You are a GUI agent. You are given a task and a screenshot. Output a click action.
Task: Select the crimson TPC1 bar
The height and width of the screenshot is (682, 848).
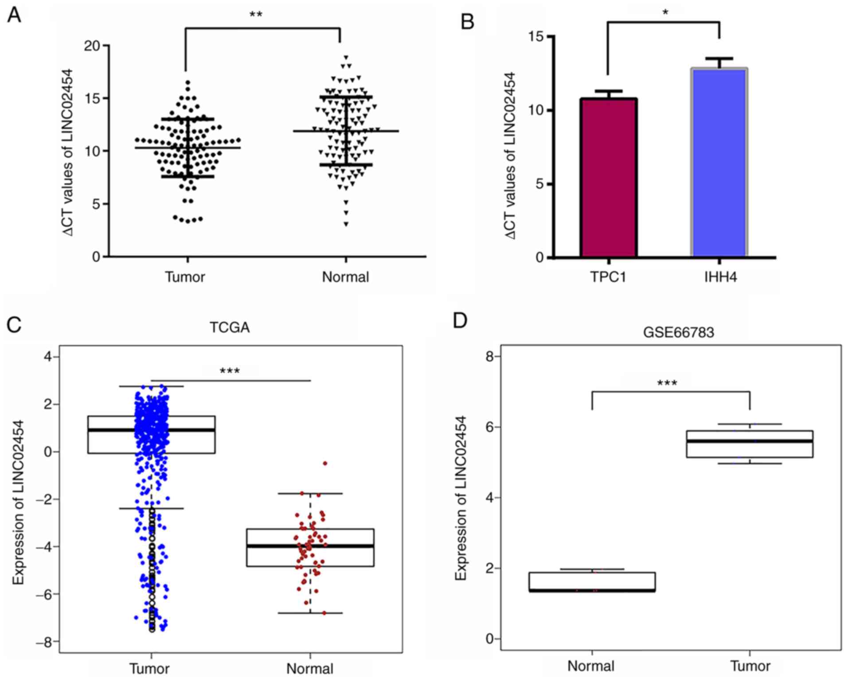point(608,177)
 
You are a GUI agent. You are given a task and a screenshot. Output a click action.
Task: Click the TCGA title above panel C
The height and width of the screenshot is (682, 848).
point(229,327)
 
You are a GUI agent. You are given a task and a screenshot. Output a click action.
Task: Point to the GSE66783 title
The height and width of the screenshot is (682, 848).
point(678,332)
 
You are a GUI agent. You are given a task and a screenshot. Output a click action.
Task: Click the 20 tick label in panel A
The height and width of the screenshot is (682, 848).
point(92,46)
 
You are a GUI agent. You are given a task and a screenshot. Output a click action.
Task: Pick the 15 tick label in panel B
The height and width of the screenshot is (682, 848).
point(536,36)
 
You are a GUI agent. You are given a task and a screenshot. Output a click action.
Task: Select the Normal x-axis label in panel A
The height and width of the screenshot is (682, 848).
point(345,277)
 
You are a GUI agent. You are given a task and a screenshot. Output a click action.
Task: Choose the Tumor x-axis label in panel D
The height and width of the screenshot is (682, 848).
point(750,666)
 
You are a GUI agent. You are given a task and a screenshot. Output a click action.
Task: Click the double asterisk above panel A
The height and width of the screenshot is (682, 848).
point(256,15)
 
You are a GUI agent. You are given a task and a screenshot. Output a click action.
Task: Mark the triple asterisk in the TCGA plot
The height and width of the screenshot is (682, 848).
point(230,371)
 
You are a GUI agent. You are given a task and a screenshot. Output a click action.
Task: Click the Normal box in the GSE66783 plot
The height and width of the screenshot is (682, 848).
point(592,582)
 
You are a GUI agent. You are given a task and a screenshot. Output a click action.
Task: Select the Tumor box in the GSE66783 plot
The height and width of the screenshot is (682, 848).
point(750,444)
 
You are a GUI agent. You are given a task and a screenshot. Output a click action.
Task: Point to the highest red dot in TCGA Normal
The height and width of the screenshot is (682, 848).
point(325,463)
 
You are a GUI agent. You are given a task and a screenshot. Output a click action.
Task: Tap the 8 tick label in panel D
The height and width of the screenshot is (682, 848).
point(490,356)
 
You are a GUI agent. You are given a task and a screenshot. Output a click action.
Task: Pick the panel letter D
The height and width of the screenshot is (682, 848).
point(460,320)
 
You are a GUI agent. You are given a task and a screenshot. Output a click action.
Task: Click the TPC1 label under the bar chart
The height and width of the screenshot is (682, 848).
point(608,277)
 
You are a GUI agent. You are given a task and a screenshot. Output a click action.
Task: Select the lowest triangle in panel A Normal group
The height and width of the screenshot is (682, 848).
point(346,224)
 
